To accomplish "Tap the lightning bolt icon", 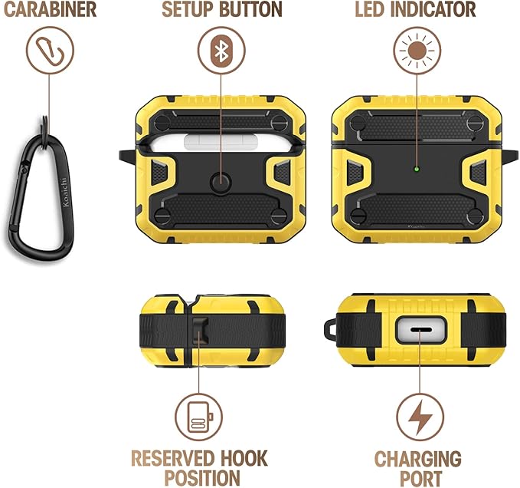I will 419,418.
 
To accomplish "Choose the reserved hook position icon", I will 198,419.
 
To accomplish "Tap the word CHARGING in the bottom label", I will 418,460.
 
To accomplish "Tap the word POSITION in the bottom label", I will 198,477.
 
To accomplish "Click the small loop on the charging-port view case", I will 332,332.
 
